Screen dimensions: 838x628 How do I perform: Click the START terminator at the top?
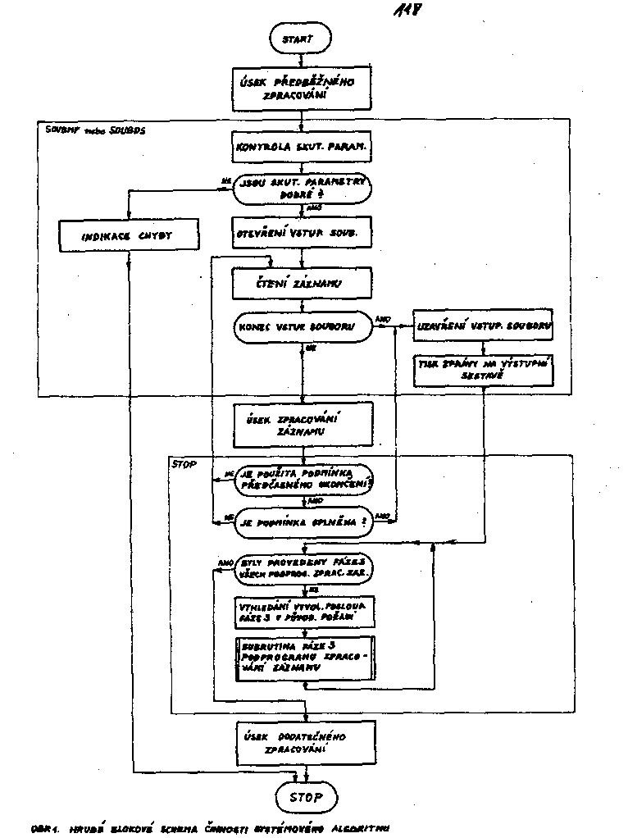[303, 39]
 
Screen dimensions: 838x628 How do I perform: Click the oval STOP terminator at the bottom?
[306, 796]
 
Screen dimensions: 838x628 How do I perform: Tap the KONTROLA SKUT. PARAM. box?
[301, 149]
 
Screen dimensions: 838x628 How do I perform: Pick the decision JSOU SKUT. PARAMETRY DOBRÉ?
[301, 188]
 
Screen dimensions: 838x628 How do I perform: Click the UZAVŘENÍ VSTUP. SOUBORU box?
[482, 326]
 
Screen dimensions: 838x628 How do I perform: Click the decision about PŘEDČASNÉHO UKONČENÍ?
[304, 480]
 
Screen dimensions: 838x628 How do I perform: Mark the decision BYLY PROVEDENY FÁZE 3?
[303, 570]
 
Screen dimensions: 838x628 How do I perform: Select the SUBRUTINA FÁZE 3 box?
[303, 658]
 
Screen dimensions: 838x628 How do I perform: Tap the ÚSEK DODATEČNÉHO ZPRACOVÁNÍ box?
[304, 741]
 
